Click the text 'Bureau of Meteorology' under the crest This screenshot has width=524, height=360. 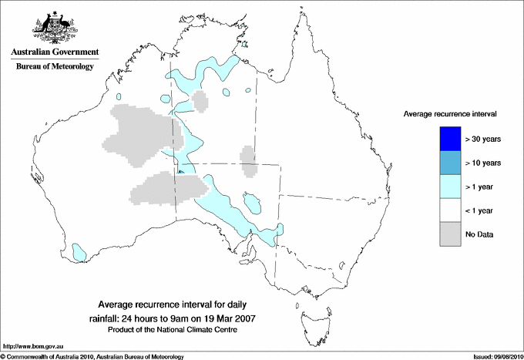tap(55, 66)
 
